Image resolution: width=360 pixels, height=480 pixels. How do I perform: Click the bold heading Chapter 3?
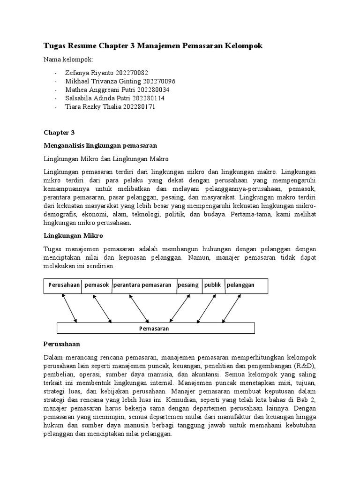coord(59,133)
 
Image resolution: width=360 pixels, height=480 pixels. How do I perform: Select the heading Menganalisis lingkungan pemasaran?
coord(100,145)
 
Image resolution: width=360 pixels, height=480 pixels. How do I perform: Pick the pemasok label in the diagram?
coord(97,285)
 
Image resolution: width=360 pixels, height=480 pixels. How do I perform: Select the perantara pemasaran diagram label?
coord(142,285)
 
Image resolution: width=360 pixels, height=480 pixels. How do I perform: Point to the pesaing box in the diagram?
coord(188,285)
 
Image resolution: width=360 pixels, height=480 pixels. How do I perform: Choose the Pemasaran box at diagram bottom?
coord(154,329)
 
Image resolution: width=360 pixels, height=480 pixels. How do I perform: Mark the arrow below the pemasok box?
coord(102,308)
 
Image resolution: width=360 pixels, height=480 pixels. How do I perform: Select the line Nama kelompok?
coord(68,60)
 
